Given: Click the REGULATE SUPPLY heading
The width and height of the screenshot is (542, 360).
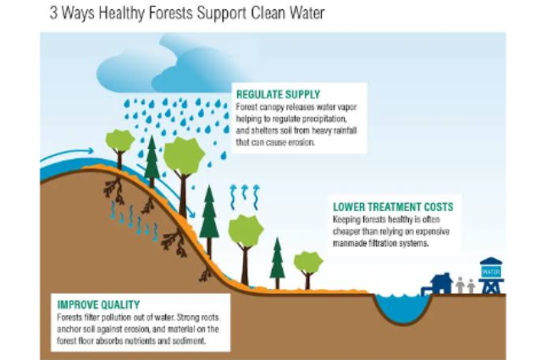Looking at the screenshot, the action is point(279,94).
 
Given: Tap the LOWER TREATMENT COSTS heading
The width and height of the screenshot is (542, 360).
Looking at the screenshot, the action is point(393,207).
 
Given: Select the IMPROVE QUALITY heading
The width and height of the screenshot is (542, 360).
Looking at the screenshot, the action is point(98,305).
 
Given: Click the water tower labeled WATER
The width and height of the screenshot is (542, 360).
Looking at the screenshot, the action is point(491,275).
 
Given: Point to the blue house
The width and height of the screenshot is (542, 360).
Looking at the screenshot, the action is point(440,284).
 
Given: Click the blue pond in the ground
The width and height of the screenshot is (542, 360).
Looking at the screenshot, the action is point(403,307).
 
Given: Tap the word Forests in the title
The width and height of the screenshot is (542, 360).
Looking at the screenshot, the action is point(170,14).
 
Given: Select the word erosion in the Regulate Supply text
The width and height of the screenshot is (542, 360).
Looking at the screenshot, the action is point(301,142).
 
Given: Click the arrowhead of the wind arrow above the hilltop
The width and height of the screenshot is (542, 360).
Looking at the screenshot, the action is point(91,151).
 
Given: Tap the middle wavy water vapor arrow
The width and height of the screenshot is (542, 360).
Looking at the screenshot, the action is point(245,192).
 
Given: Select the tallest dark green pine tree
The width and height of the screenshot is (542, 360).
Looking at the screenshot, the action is point(209,221).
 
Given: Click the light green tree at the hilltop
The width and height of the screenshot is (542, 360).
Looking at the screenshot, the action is point(119,149).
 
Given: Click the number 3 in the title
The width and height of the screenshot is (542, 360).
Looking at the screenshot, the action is point(53,14).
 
